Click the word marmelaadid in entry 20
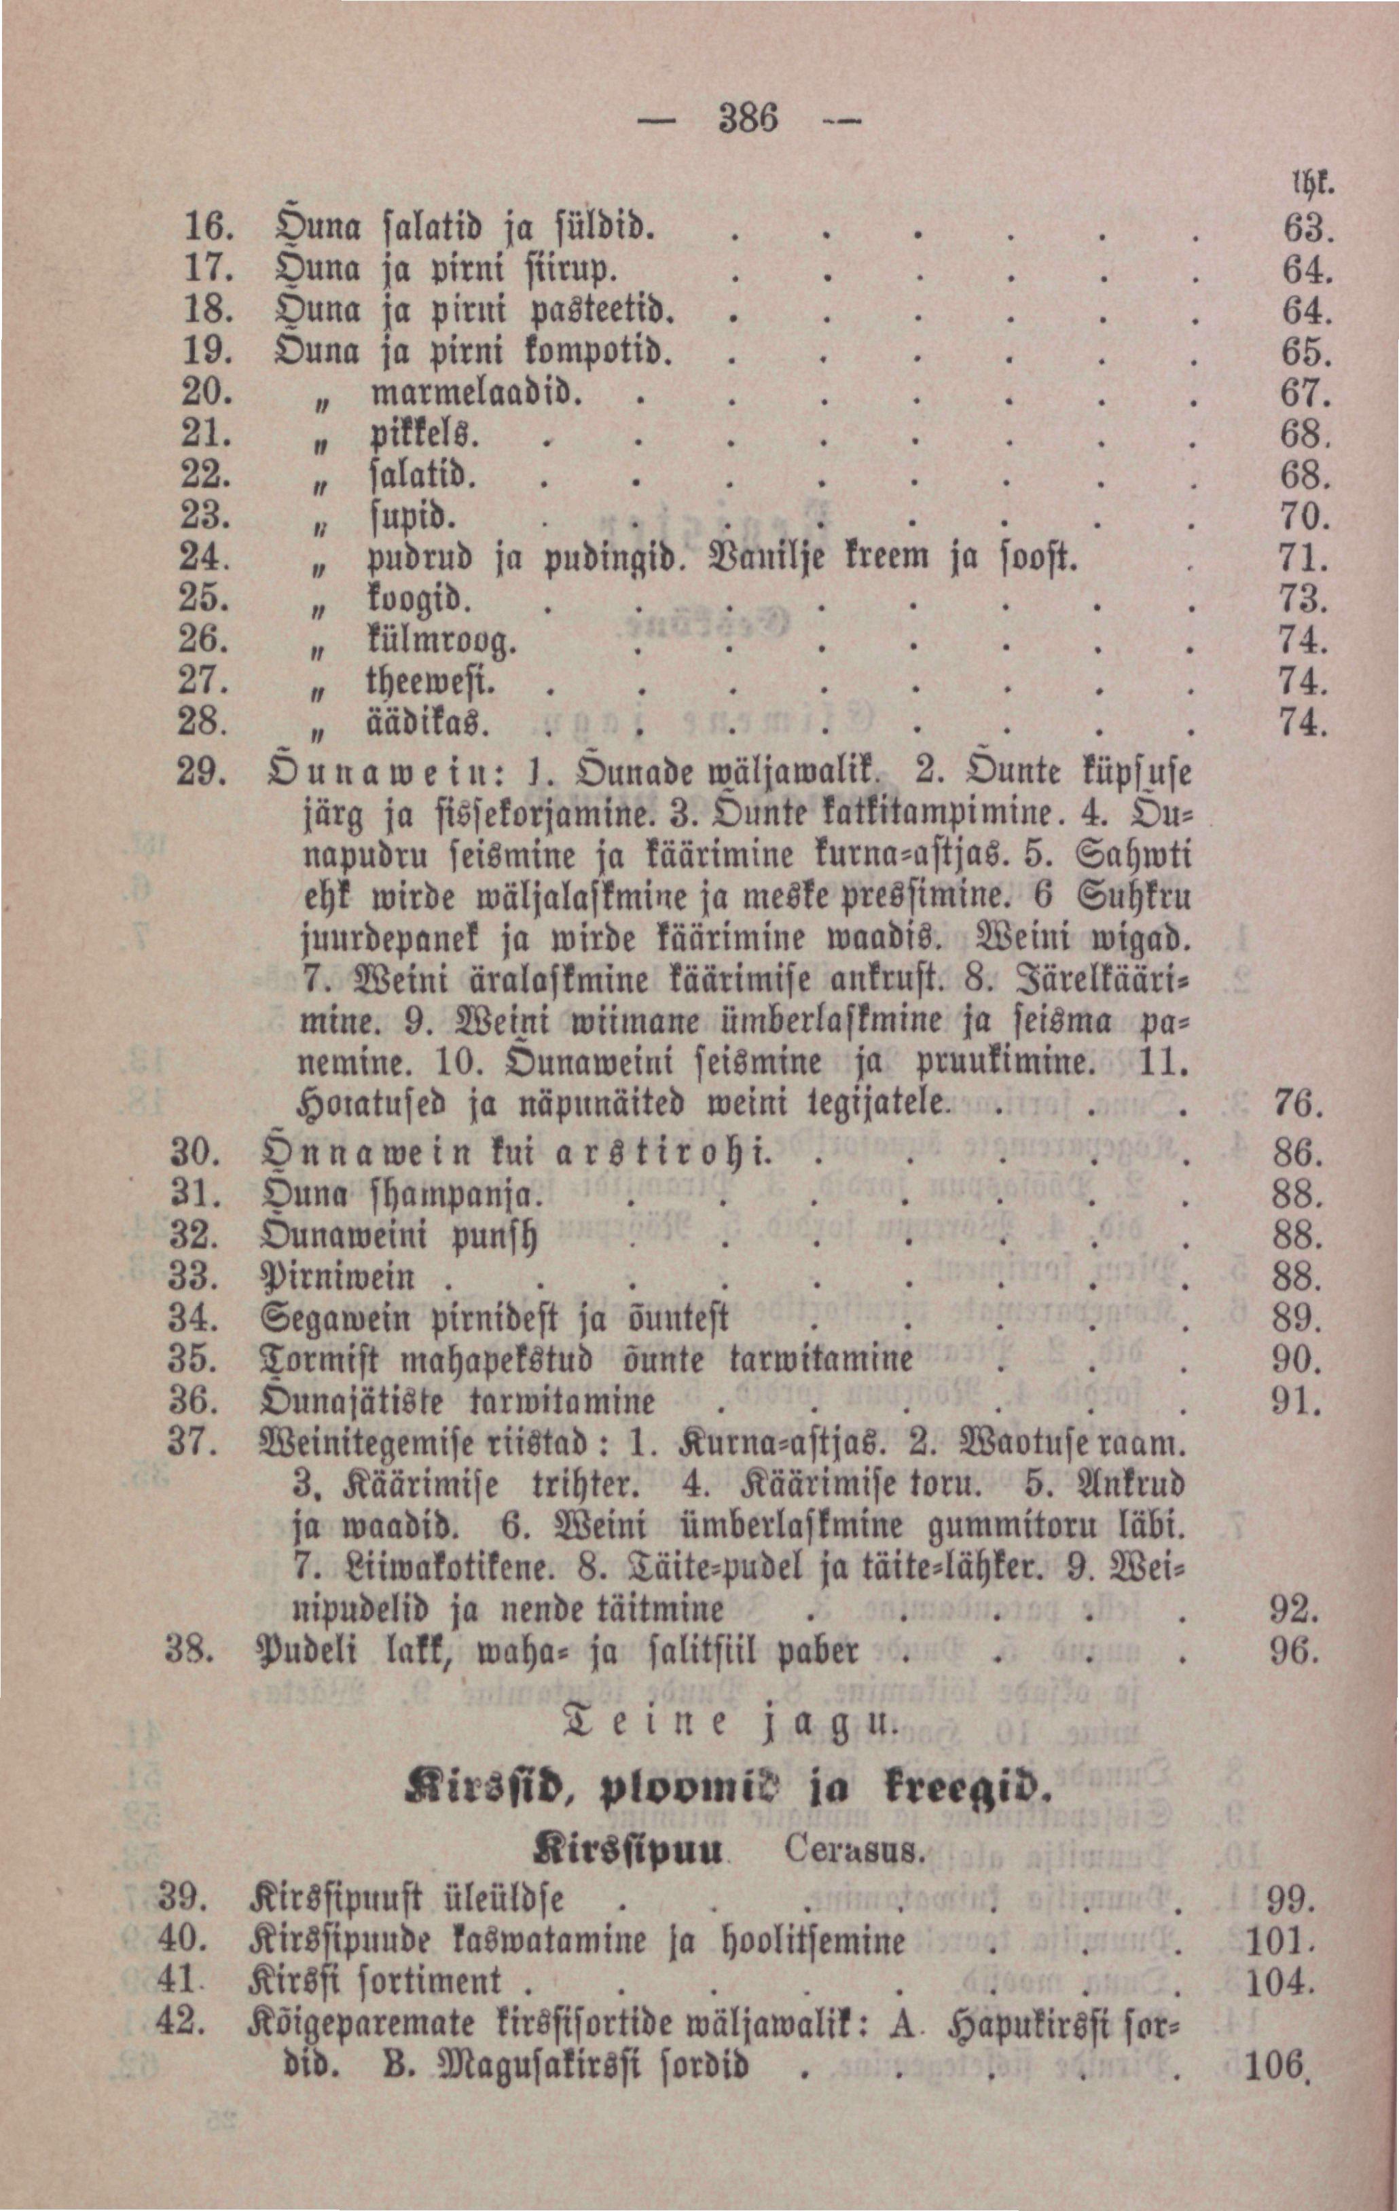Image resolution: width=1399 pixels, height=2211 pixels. click(474, 395)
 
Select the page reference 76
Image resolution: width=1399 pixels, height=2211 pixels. click(1297, 1103)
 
